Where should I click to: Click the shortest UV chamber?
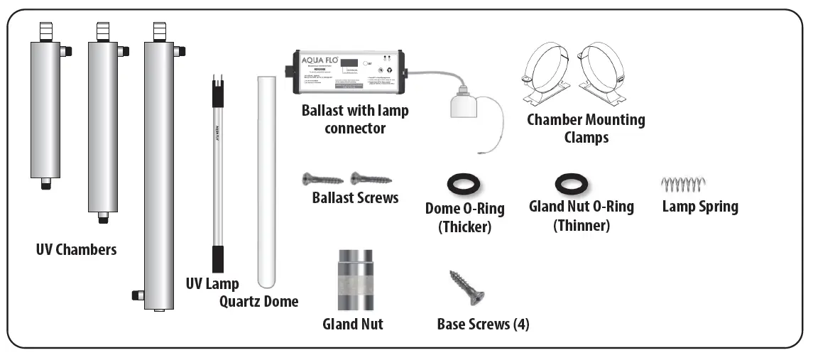tap(45, 110)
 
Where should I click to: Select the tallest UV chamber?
tap(158, 174)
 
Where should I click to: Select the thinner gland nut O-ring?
tap(571, 185)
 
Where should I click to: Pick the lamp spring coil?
tap(683, 185)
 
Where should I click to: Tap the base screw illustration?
tap(466, 288)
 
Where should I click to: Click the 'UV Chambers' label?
tap(76, 250)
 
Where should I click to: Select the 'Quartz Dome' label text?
tap(258, 302)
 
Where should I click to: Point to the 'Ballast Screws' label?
tap(355, 198)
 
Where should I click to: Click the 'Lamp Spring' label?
tap(699, 207)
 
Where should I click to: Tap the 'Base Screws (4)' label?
tap(483, 324)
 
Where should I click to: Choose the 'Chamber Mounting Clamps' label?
tap(586, 128)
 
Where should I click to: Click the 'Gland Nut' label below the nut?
tap(352, 324)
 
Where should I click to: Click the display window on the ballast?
tap(349, 64)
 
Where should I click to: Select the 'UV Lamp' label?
tap(212, 283)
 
